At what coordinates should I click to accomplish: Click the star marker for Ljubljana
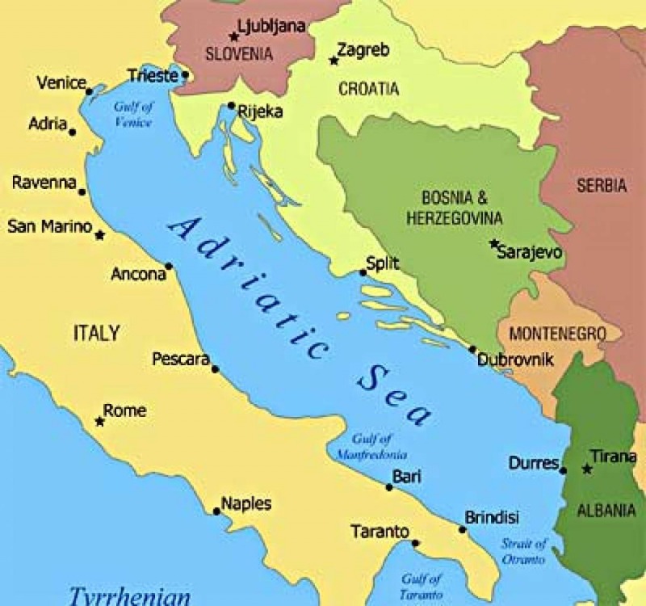(x=234, y=36)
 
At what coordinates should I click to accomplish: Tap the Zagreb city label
(x=363, y=50)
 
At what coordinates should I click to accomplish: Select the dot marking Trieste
(x=185, y=75)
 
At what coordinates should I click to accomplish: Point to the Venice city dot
(x=89, y=91)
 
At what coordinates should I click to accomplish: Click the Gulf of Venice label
(x=133, y=114)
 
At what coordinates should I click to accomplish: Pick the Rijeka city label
(x=260, y=112)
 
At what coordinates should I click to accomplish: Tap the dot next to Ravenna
(x=82, y=191)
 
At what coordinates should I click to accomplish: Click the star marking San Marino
(x=99, y=235)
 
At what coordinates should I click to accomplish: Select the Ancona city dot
(x=168, y=266)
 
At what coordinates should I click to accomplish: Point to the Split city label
(x=383, y=263)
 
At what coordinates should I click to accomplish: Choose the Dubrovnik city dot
(x=472, y=349)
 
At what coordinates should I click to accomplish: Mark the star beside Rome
(x=99, y=421)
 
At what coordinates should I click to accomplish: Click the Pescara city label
(x=181, y=359)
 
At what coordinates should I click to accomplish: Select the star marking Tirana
(x=587, y=469)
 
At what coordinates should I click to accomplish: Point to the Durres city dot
(x=563, y=470)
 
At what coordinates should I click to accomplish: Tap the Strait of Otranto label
(x=523, y=551)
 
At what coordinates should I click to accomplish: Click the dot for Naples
(x=216, y=511)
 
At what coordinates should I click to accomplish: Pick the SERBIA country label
(x=601, y=185)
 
